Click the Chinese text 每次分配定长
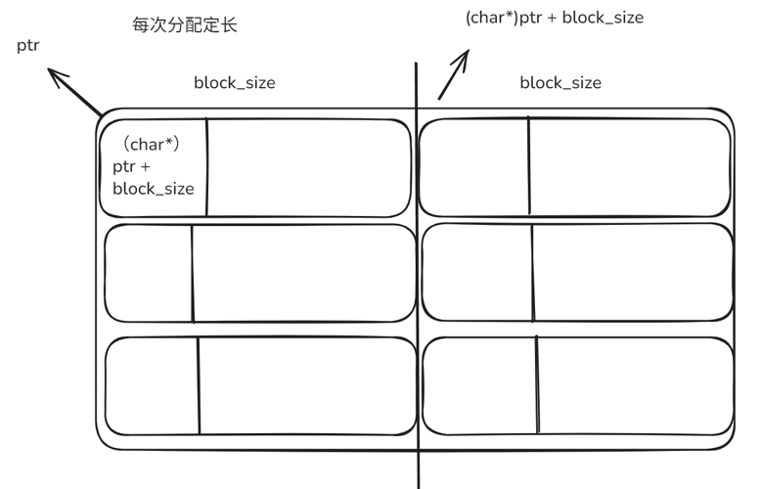[x=184, y=25]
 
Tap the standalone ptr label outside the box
[x=28, y=45]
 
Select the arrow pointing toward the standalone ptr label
[x=75, y=91]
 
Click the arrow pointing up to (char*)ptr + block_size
[x=454, y=74]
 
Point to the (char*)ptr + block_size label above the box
[x=554, y=17]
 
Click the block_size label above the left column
[x=234, y=82]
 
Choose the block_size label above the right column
[x=560, y=82]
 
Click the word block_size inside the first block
[x=154, y=188]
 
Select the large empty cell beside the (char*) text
[x=308, y=167]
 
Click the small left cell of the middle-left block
[x=149, y=273]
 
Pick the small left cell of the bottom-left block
[x=152, y=385]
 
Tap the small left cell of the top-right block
[x=474, y=166]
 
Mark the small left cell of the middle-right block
[x=477, y=273]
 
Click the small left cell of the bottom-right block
[x=479, y=385]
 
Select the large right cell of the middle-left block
[x=304, y=273]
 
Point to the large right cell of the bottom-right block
[x=635, y=385]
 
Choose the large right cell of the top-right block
[x=630, y=166]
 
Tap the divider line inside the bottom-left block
[x=199, y=385]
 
